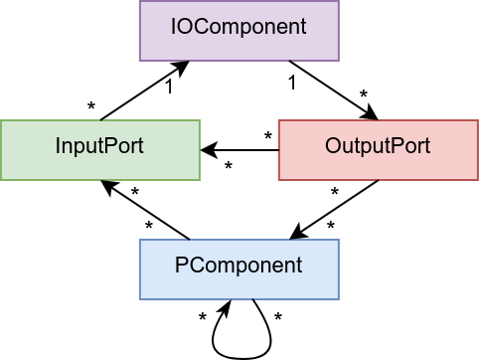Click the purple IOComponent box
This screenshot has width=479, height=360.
(239, 31)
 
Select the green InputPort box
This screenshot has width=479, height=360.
(99, 150)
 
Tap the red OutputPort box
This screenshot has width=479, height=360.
(378, 150)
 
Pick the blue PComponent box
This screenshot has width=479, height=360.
(239, 270)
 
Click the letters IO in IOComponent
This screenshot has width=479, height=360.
(180, 27)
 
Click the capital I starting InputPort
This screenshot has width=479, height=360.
(58, 146)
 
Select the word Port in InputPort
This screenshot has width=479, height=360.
(123, 146)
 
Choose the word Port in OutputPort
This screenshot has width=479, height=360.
(410, 146)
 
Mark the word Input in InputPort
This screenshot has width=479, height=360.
(80, 147)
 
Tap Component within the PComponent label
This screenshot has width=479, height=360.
(246, 267)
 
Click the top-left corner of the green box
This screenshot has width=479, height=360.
(1, 121)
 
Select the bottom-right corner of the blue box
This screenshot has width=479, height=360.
(338, 298)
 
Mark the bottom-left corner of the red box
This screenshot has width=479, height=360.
(279, 179)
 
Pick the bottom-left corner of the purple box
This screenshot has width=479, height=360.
(140, 60)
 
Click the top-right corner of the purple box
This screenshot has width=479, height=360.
(338, 2)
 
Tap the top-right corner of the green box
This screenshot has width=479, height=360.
(199, 121)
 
